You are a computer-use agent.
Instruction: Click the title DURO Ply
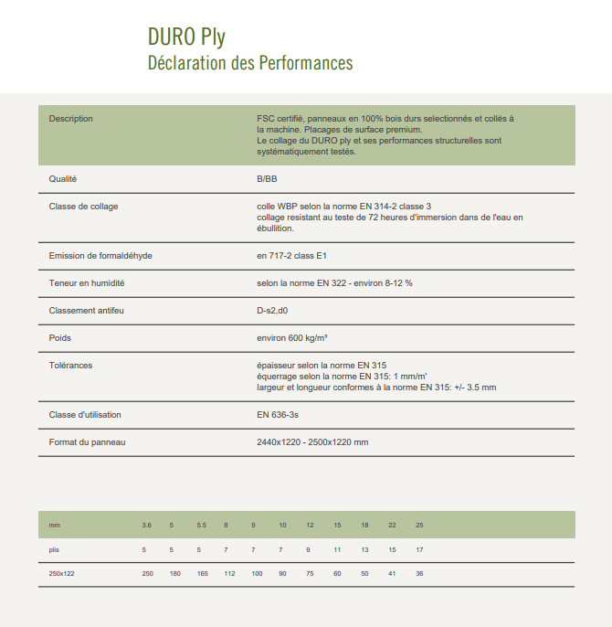point(186,37)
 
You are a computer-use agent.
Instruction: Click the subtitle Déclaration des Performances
point(249,63)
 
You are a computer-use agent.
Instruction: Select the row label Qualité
point(62,179)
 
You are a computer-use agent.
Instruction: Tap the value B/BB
point(267,179)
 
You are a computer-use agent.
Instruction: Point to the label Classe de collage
point(83,207)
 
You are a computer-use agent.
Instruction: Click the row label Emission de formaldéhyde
point(100,256)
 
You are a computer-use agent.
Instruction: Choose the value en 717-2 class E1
point(298,256)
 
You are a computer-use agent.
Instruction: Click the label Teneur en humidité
point(86,283)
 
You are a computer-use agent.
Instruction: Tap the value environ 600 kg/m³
point(292,338)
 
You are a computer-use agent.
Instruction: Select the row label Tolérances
point(70,366)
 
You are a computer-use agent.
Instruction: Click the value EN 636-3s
point(279,415)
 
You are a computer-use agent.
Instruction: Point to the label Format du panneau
point(86,442)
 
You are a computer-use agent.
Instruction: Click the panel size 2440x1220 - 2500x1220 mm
point(312,442)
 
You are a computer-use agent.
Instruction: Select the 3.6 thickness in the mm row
point(146,526)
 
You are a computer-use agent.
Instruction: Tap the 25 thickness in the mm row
point(419,526)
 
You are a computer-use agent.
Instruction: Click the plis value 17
point(419,549)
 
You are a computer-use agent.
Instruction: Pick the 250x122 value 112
point(229,573)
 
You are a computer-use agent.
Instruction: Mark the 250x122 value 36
point(419,573)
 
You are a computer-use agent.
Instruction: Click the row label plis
point(54,549)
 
